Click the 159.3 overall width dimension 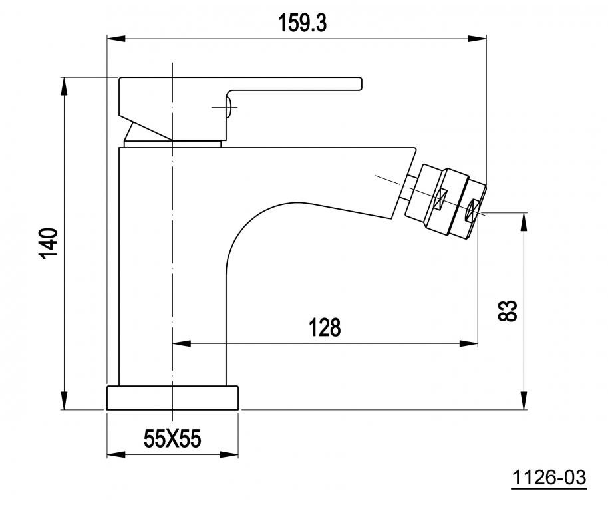coord(302,23)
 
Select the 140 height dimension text coord(48,243)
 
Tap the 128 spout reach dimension coord(325,327)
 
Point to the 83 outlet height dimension coord(507,311)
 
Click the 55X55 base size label coord(172,439)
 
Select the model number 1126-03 coord(549,477)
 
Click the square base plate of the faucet coord(172,397)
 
